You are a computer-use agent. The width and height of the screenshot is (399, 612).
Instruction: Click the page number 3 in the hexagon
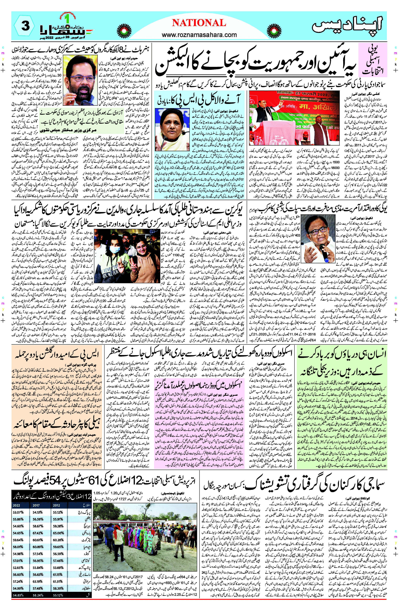pos(24,26)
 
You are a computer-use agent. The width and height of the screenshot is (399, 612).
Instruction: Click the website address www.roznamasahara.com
pos(199,35)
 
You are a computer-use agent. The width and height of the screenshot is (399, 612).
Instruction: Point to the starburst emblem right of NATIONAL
pos(274,30)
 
